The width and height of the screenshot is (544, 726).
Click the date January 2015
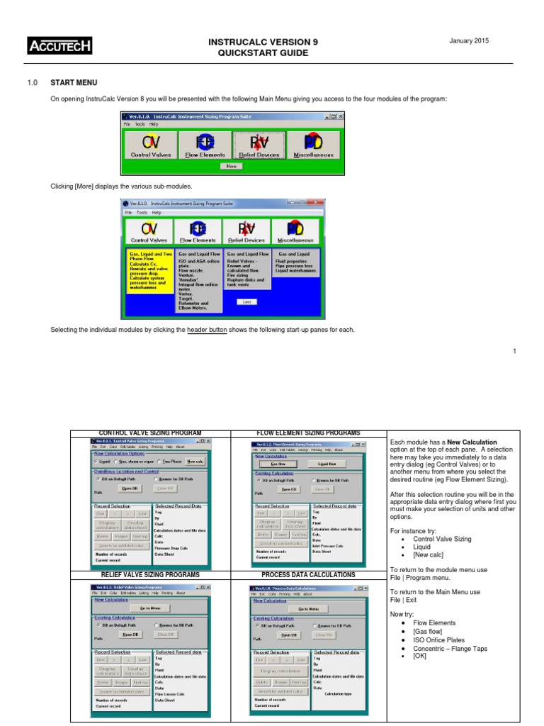(470, 41)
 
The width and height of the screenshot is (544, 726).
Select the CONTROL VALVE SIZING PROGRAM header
(150, 432)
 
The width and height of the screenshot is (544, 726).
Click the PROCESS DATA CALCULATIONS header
(308, 574)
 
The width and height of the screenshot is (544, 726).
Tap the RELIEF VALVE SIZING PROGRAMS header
(150, 574)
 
